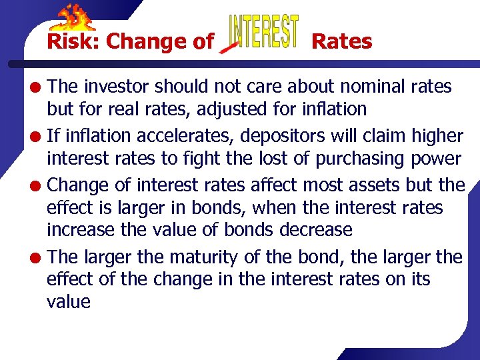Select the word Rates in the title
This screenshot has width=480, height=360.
[342, 41]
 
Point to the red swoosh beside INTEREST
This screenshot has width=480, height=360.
[229, 47]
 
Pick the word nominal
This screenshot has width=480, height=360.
[369, 87]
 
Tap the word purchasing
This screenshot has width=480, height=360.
[368, 159]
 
